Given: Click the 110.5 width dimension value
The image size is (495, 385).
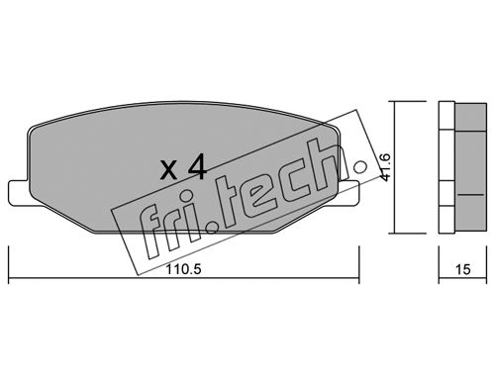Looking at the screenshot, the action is [x=183, y=269].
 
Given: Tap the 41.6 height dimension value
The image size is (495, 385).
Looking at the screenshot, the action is [x=385, y=167].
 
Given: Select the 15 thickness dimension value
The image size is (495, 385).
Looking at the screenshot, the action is [x=462, y=269].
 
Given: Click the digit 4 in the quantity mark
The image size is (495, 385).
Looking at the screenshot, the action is [x=197, y=167].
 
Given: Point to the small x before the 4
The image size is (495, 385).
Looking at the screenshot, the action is [x=169, y=171].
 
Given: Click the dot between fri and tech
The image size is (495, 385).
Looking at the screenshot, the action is [x=212, y=228].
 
